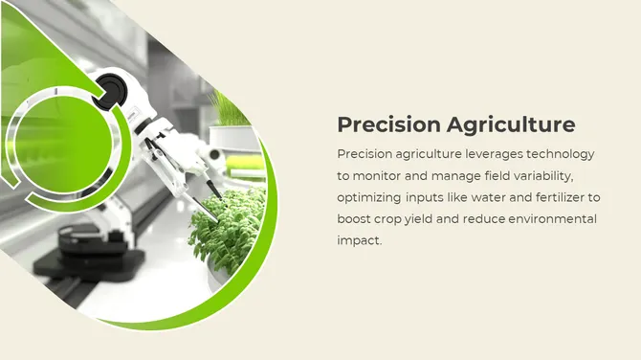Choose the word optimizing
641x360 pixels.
[x=368, y=198]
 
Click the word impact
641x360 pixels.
[x=358, y=240]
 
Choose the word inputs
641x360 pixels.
[x=425, y=198]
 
